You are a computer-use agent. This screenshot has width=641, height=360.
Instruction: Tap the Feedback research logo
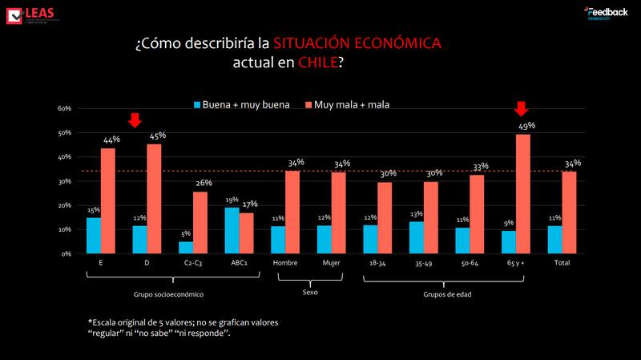pos(606,13)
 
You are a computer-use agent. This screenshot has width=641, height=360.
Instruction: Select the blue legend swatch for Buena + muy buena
pos(196,105)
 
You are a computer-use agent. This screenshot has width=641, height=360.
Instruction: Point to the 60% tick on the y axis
pos(64,108)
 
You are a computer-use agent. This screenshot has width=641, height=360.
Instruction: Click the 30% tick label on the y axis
pos(64,181)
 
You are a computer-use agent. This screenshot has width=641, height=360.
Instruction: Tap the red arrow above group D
pos(135,120)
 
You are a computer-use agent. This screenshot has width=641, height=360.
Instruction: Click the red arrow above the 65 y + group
pos(522,109)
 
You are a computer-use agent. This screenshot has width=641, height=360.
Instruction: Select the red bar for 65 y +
pos(522,193)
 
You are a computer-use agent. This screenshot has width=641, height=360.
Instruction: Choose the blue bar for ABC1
pos(232,230)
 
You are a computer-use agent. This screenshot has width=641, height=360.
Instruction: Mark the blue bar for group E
pos(94,235)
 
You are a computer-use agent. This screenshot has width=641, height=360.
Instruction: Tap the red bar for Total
pos(569,212)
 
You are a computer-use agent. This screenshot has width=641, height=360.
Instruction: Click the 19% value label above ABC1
pos(231,200)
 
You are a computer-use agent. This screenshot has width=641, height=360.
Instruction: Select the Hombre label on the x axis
pos(285,263)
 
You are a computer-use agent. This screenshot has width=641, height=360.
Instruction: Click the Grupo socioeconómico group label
pos(174,293)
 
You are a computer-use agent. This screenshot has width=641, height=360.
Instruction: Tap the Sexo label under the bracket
pos(309,293)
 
